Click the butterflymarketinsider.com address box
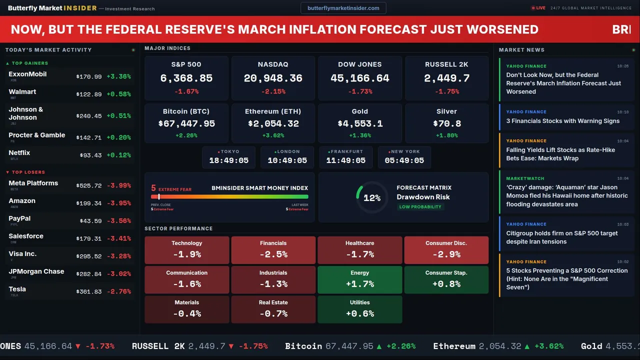pyautogui.click(x=343, y=8)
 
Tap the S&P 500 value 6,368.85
pyautogui.click(x=186, y=78)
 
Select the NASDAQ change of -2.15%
pyautogui.click(x=273, y=91)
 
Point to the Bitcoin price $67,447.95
pyautogui.click(x=186, y=123)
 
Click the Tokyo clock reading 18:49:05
pyautogui.click(x=228, y=160)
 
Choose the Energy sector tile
pyautogui.click(x=360, y=279)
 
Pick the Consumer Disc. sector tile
pyautogui.click(x=446, y=250)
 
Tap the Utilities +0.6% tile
pyautogui.click(x=360, y=309)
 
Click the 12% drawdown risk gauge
pyautogui.click(x=371, y=197)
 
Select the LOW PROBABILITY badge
pyautogui.click(x=420, y=207)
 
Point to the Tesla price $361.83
pyautogui.click(x=89, y=291)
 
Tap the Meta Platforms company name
pyautogui.click(x=33, y=183)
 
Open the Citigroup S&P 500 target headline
pyautogui.click(x=561, y=237)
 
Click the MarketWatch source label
pyautogui.click(x=526, y=178)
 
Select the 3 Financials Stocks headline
pyautogui.click(x=562, y=121)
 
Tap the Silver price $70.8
pyautogui.click(x=446, y=123)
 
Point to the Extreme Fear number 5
pyautogui.click(x=153, y=188)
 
